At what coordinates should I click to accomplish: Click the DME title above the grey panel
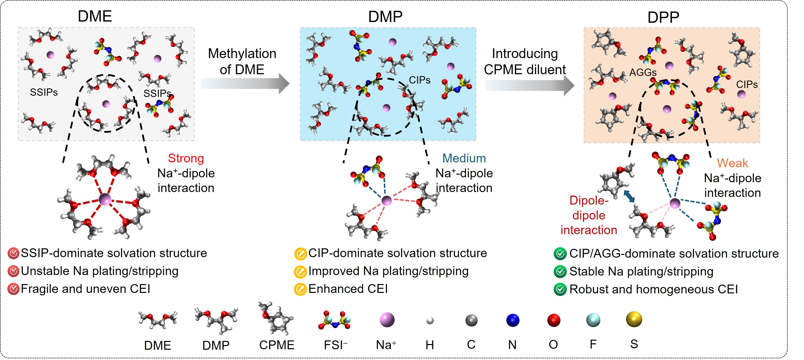click(x=95, y=16)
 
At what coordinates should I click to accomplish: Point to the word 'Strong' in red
click(x=186, y=158)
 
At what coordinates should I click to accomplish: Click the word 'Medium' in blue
click(x=464, y=158)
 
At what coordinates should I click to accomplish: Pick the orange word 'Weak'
click(x=732, y=163)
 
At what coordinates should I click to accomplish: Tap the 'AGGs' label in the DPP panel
click(x=643, y=73)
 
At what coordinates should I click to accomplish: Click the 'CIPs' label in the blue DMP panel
click(x=420, y=80)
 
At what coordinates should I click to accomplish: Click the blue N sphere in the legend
click(x=512, y=320)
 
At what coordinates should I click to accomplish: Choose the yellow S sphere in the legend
click(x=634, y=319)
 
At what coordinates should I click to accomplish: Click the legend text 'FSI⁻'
click(x=335, y=345)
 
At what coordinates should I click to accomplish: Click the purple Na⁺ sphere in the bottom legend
click(x=387, y=320)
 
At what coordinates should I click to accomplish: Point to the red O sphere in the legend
click(x=554, y=320)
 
